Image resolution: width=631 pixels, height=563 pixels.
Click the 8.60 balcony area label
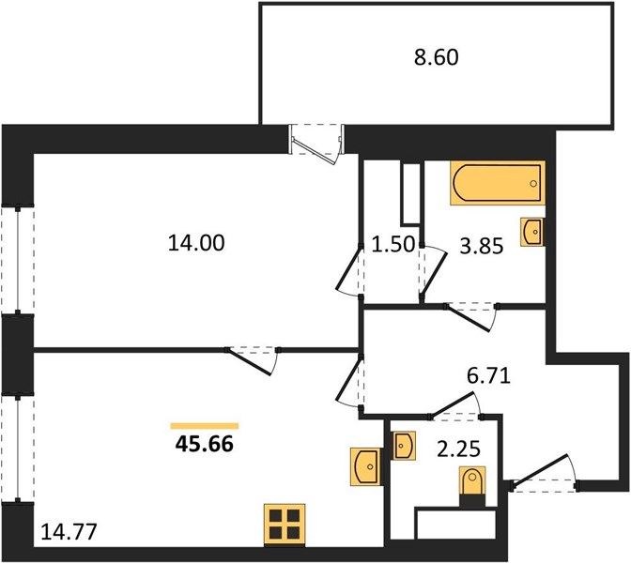click(437, 57)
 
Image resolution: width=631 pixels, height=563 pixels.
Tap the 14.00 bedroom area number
click(196, 243)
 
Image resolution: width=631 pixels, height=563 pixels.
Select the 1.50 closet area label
click(392, 245)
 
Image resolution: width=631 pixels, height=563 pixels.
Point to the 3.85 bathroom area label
click(482, 246)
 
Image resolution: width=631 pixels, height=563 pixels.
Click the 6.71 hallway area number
click(488, 376)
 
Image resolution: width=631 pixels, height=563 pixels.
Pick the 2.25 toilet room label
click(458, 449)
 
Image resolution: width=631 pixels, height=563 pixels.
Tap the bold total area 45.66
click(205, 445)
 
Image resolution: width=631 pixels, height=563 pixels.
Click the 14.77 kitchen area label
click(69, 532)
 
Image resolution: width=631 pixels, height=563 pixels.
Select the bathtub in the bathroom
click(498, 183)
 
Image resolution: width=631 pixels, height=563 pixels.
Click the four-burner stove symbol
click(285, 525)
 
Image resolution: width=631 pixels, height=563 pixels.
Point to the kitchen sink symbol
click(366, 466)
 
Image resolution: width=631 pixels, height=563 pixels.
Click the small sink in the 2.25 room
click(405, 446)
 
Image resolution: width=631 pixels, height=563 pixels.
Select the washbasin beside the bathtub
click(532, 231)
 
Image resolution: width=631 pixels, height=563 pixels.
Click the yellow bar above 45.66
click(205, 426)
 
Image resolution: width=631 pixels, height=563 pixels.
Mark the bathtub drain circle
click(533, 183)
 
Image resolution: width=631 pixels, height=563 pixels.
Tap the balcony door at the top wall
click(316, 145)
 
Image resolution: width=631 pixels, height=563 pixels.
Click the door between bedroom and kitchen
click(253, 360)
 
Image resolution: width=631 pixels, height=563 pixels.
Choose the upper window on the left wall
click(18, 260)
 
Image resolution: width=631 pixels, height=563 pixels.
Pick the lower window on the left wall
click(18, 448)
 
